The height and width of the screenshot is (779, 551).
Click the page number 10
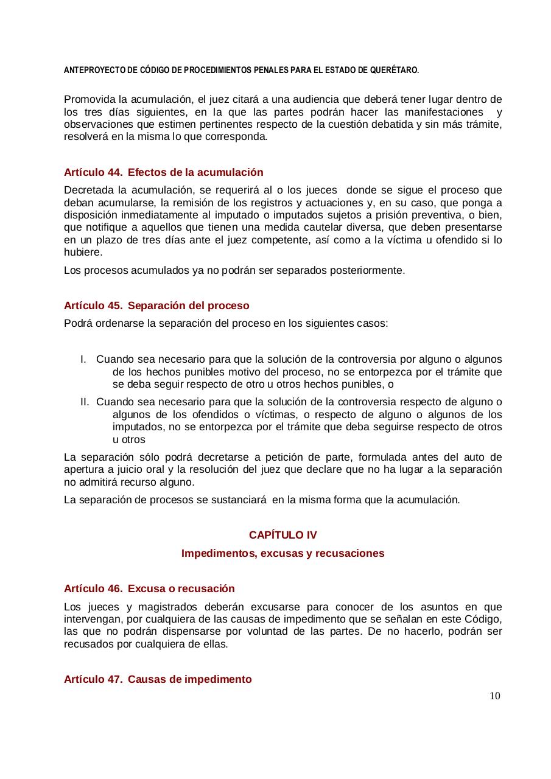[x=494, y=696]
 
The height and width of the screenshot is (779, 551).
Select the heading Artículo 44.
[x=93, y=172]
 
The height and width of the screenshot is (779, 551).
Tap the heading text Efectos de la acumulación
[x=195, y=172]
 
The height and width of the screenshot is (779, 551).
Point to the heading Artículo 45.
[x=93, y=305]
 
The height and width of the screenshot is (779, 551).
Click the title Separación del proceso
[x=189, y=305]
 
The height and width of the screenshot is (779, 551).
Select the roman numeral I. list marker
[x=83, y=360]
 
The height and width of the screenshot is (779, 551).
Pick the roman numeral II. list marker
[x=85, y=402]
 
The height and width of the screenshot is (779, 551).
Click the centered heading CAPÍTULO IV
[x=283, y=535]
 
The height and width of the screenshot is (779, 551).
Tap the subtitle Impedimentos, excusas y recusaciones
[x=283, y=553]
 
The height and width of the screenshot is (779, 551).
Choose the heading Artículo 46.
[x=93, y=589]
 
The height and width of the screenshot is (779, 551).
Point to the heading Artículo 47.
[x=93, y=679]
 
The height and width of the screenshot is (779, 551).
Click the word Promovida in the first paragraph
[x=86, y=99]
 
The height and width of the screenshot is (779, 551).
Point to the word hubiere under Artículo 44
[x=83, y=252]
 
